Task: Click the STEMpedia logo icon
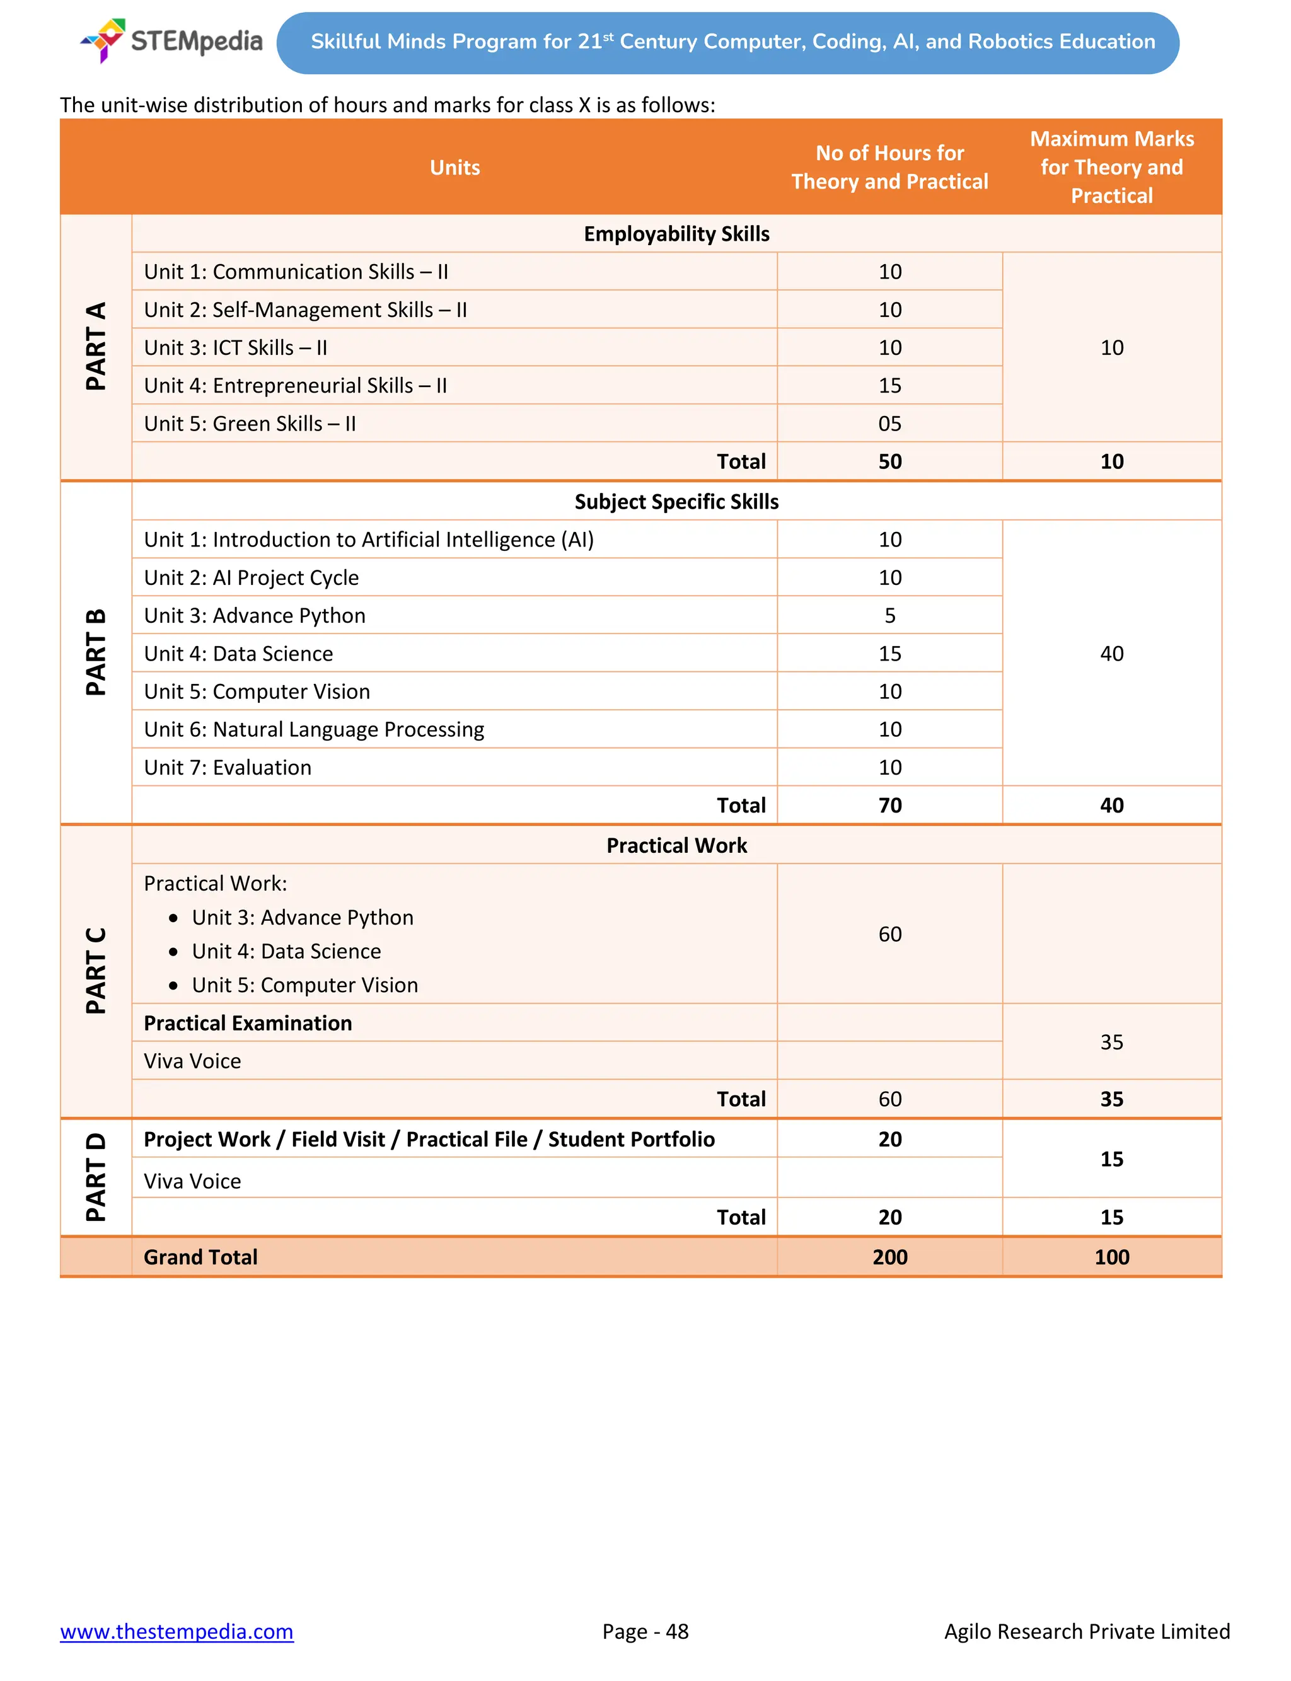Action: [105, 39]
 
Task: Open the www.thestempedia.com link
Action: [177, 1631]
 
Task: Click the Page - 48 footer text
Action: [645, 1631]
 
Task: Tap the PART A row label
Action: [96, 347]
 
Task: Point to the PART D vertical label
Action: [96, 1176]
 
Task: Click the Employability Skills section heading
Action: [676, 234]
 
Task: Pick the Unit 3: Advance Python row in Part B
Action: [255, 615]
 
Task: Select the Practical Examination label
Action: [248, 1022]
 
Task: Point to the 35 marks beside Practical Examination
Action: [1111, 1042]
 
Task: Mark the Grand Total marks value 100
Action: [1111, 1257]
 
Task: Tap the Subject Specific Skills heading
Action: [676, 502]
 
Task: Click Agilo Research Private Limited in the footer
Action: [1087, 1631]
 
